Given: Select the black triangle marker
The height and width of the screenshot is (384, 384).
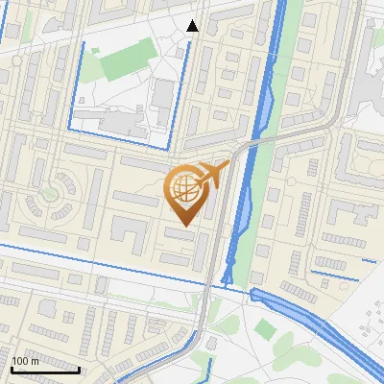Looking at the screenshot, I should tap(193, 26).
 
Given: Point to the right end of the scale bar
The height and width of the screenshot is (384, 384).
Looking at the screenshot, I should tap(79, 369).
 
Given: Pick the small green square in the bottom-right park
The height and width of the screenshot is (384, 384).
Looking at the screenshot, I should tap(266, 329).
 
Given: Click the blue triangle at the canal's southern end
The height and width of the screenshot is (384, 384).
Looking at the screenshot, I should tap(228, 279).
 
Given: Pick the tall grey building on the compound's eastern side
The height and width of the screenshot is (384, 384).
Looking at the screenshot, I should tap(163, 96).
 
